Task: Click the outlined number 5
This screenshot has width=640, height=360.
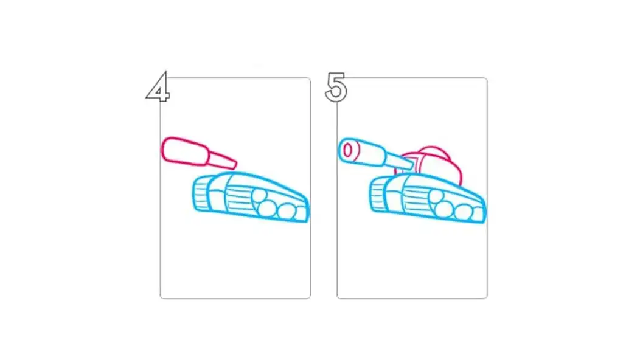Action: [x=336, y=87]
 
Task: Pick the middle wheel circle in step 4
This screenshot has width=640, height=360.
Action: [x=267, y=207]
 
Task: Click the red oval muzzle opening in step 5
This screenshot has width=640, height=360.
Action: [x=347, y=150]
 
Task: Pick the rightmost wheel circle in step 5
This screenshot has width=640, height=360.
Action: [x=464, y=212]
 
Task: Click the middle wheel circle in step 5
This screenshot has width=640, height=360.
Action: [x=446, y=207]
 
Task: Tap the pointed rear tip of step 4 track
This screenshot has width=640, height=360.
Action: [x=308, y=212]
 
